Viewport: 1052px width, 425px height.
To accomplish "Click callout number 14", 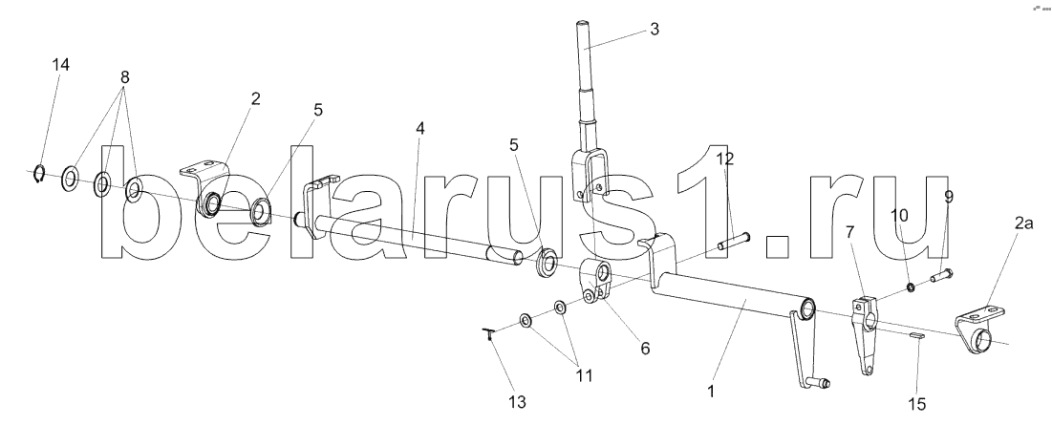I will click(x=61, y=65).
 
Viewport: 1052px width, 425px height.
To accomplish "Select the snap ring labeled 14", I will click(x=38, y=174).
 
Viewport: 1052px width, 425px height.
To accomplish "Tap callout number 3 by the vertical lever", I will click(x=654, y=30).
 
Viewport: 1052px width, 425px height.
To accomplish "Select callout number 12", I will click(x=725, y=160).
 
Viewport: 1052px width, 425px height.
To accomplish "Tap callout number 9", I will click(x=949, y=197).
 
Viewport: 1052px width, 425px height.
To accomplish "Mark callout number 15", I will click(x=917, y=405).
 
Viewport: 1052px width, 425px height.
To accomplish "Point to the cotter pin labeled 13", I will click(x=489, y=333).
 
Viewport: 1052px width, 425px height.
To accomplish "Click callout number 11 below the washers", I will click(x=583, y=375).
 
